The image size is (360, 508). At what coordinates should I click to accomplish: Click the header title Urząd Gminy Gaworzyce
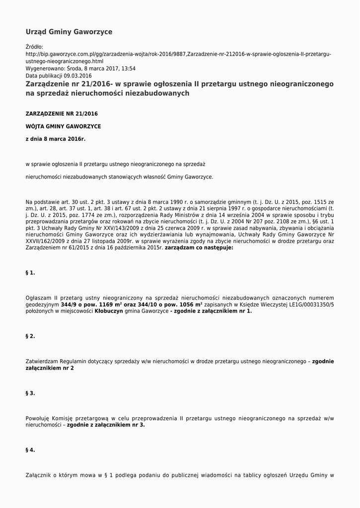click(69, 32)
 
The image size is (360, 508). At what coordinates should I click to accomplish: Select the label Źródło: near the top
click(34, 47)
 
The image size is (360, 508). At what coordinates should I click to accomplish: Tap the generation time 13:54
click(129, 68)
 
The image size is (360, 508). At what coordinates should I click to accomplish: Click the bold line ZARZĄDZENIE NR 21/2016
click(62, 114)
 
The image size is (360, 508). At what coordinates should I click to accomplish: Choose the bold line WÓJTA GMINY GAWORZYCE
click(63, 127)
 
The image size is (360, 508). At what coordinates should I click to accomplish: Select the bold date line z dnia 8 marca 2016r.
click(56, 139)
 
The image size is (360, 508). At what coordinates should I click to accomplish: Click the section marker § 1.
click(30, 273)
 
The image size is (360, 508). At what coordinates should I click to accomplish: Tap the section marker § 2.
click(30, 336)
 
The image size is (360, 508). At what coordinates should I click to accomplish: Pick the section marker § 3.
click(30, 393)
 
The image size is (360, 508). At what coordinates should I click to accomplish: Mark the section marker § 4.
click(30, 450)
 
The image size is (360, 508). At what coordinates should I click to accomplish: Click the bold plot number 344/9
click(69, 304)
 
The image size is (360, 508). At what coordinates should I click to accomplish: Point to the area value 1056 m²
click(187, 304)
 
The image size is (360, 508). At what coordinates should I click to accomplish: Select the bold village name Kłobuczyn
click(109, 311)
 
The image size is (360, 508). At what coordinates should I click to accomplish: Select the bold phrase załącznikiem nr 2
click(50, 369)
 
